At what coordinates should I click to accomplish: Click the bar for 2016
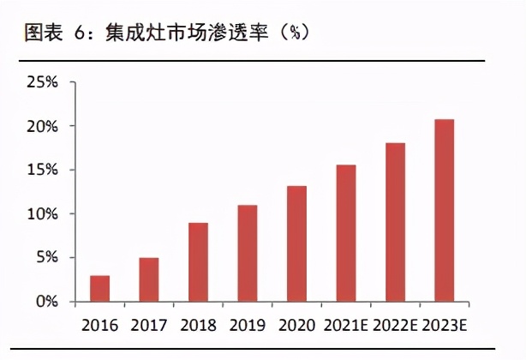[99, 289]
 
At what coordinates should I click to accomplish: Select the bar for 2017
[148, 279]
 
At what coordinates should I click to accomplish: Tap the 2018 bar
[198, 262]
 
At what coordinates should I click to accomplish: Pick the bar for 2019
[248, 254]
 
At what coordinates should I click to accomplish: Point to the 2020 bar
[296, 243]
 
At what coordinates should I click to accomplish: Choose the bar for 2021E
[346, 233]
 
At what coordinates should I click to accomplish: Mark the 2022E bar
[395, 222]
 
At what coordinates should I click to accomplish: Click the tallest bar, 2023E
[445, 210]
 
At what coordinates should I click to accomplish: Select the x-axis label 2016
[99, 326]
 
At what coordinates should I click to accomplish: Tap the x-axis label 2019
[248, 326]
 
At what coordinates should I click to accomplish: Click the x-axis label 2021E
[346, 326]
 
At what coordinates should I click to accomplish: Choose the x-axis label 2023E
[445, 326]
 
